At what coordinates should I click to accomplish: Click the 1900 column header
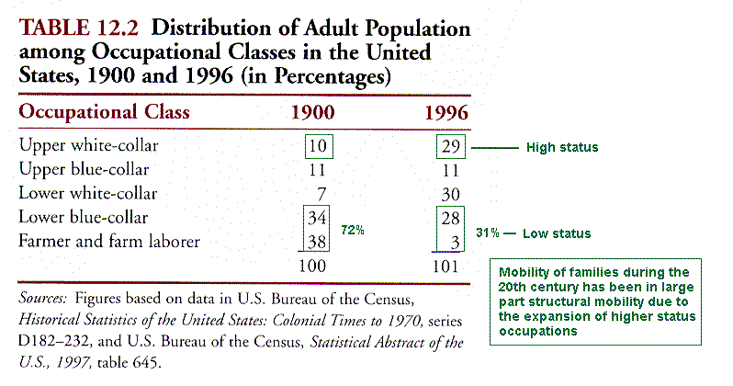click(312, 113)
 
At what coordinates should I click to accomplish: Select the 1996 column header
click(446, 113)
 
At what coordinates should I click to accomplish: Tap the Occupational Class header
click(104, 112)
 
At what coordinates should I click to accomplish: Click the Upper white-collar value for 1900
click(319, 146)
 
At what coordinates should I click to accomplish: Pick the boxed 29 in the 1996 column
click(451, 146)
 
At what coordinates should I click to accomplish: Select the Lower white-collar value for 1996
click(451, 194)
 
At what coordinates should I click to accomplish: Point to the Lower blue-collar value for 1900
click(317, 218)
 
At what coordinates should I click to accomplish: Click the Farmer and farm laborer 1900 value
click(317, 242)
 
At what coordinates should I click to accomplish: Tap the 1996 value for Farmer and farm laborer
click(456, 243)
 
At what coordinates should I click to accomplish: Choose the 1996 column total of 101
click(445, 267)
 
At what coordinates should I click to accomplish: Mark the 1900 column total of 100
click(312, 266)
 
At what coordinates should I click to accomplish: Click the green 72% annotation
click(353, 230)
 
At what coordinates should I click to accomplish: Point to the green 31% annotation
click(488, 233)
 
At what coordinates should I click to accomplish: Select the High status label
click(562, 147)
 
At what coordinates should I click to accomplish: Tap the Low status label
click(557, 233)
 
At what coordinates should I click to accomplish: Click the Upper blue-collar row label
click(85, 169)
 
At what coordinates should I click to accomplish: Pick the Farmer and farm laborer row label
click(109, 241)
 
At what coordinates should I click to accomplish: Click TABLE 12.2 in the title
click(79, 28)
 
